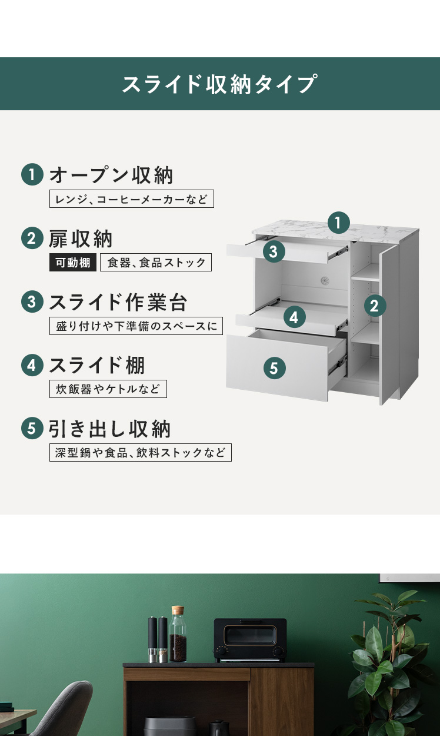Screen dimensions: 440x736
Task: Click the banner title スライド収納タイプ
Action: point(219,84)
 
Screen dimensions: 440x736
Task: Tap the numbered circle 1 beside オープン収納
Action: point(32,174)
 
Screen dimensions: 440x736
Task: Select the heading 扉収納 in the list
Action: point(81,238)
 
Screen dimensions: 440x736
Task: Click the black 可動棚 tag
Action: point(73,262)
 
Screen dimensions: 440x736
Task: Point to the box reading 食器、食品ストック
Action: point(156,262)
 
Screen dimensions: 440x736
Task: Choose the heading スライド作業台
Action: point(118,302)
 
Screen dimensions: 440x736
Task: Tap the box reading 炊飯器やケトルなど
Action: point(108,389)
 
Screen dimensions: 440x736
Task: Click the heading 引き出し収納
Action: point(109,429)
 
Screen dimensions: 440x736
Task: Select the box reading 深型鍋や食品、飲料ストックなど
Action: point(141,452)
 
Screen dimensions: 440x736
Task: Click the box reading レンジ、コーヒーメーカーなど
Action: point(132,199)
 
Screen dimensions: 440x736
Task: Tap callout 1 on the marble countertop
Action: point(339,223)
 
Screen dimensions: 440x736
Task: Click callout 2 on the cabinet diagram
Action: point(375,306)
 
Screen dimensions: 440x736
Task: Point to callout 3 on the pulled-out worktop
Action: point(274,251)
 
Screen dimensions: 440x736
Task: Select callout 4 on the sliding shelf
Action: point(294,317)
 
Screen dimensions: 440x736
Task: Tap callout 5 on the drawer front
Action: point(274,368)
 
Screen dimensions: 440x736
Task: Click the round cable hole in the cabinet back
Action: point(325,280)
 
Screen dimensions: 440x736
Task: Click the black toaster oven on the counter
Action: point(250,639)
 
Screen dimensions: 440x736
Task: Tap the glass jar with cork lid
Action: point(178,634)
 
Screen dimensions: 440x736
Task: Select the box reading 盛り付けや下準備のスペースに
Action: point(136,326)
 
